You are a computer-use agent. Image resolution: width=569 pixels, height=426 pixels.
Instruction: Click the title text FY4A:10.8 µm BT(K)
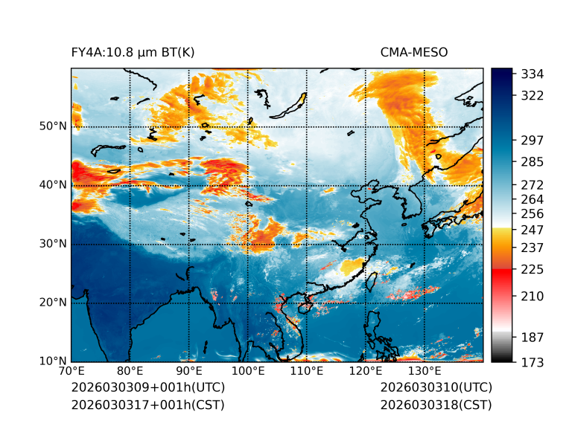coord(133,53)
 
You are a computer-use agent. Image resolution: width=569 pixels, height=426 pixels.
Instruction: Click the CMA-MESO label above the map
coord(414,53)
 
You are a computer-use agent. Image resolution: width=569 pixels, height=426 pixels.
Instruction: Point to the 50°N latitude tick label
coord(52,126)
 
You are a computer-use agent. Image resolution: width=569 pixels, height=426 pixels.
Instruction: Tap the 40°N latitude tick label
coord(52,185)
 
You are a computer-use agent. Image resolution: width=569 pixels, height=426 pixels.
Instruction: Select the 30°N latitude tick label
coord(52,244)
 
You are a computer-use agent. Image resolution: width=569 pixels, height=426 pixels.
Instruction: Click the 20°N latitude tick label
coord(52,303)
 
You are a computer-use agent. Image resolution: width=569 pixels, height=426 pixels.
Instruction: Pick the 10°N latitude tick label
coord(52,361)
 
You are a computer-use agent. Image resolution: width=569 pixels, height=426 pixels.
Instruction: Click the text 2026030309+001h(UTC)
coord(147,388)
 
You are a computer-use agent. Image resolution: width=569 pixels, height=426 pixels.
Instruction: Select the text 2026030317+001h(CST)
coord(147,405)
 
